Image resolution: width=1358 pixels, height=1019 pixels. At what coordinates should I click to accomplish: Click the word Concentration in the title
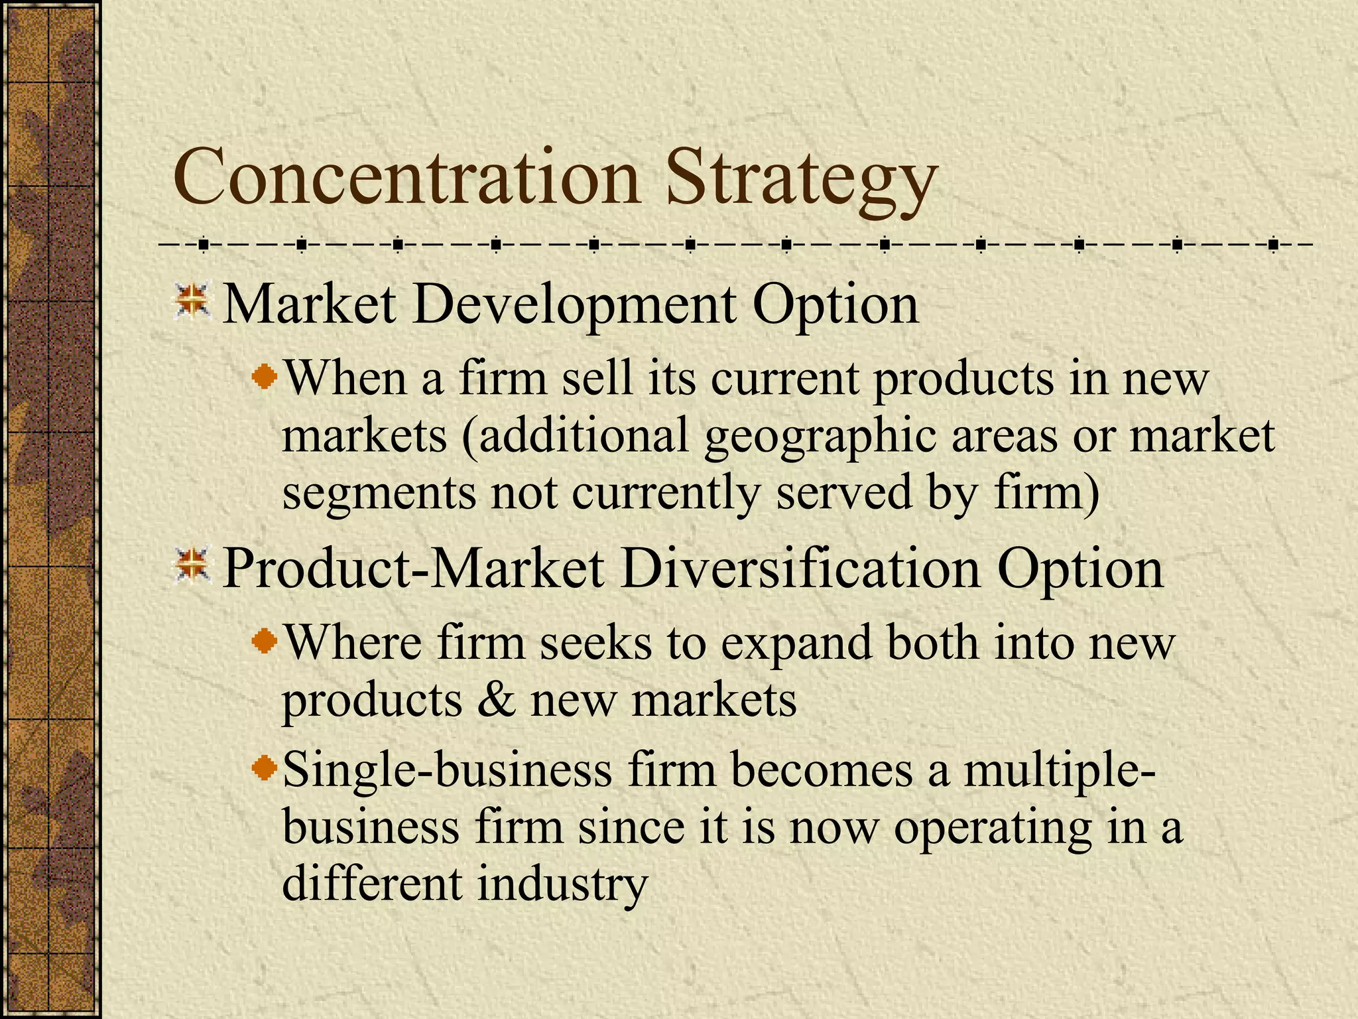406,178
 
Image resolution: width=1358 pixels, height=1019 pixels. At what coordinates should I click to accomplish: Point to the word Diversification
800,569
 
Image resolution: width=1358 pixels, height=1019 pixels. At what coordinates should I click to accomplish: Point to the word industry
562,884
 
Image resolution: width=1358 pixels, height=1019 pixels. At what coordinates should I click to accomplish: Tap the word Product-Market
413,569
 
